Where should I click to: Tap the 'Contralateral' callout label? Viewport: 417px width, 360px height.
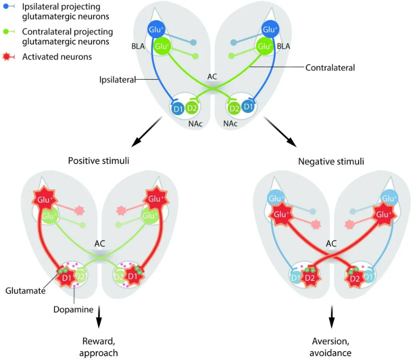coord(330,68)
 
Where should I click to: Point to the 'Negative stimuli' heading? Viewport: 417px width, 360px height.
coord(331,161)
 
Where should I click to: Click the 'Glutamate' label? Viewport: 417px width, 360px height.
coord(26,291)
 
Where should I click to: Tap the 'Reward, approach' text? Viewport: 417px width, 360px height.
coord(99,347)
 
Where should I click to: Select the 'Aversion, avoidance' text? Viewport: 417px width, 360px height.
coord(331,347)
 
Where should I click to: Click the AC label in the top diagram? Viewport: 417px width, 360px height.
coord(212,77)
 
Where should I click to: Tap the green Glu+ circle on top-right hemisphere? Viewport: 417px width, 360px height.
coord(265,46)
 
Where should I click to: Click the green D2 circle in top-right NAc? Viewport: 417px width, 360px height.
coord(233,108)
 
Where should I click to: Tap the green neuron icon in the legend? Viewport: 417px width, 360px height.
coord(9,32)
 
